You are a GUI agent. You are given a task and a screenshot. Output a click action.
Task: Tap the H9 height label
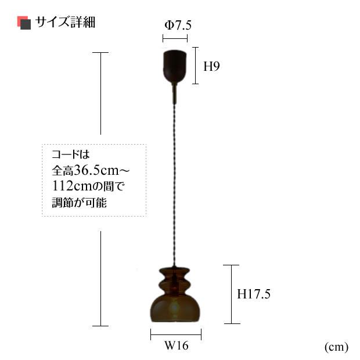point(211,66)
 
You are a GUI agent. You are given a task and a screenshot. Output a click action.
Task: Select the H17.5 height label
point(254,294)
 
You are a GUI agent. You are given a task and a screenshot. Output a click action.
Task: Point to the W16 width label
point(176,346)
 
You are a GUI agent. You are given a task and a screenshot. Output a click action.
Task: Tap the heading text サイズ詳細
point(65,23)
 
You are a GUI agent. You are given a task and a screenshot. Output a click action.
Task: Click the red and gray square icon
point(24,23)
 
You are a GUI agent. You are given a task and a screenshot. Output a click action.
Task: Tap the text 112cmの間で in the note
point(88,187)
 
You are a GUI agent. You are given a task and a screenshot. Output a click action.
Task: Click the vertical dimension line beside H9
point(196,66)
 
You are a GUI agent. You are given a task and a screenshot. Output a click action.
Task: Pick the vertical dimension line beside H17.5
point(232,294)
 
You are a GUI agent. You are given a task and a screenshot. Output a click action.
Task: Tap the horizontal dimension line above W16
point(176,334)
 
